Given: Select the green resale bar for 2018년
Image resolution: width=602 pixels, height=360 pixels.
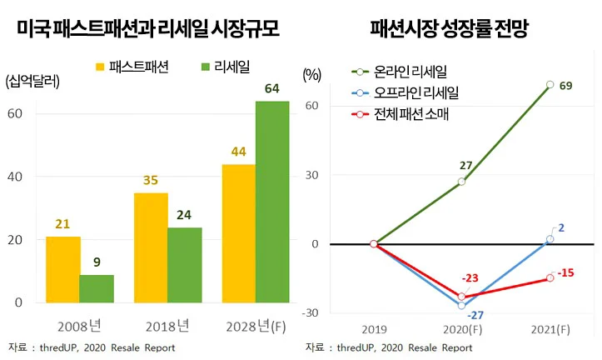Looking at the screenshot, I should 185,264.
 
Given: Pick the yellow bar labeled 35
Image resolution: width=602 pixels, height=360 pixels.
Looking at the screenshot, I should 151,247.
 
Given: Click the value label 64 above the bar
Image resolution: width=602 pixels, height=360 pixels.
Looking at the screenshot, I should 271,89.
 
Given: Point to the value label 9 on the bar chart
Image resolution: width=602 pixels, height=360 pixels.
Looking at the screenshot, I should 97,262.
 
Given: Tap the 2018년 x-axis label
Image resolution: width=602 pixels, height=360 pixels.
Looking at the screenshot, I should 167,324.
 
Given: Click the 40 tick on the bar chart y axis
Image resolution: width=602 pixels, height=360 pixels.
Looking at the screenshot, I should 16,177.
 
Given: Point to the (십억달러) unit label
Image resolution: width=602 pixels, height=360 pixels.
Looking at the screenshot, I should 32,81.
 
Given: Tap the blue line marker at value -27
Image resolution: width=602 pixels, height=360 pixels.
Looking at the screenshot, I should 461,306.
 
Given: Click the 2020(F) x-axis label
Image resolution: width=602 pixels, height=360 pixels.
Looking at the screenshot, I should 462,329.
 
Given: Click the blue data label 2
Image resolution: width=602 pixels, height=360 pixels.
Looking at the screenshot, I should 560,227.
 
